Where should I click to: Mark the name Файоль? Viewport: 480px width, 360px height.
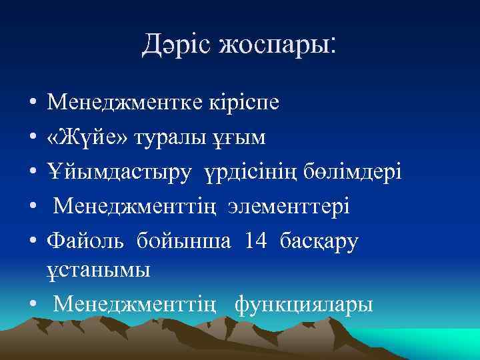pyautogui.click(x=85, y=240)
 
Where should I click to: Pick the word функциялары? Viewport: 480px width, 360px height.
pyautogui.click(x=304, y=304)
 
